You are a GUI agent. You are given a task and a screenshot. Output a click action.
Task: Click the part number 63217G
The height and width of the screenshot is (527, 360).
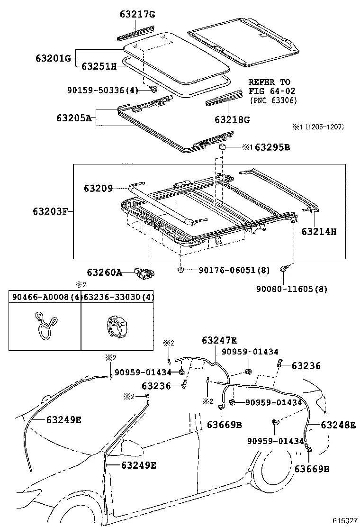point(137,15)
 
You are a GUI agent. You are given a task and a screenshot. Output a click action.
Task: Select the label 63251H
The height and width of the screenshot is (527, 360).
point(99,66)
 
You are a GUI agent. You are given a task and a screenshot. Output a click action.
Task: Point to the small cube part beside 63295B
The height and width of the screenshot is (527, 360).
point(222,147)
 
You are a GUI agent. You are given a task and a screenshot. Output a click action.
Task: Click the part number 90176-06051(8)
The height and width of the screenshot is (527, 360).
point(234,270)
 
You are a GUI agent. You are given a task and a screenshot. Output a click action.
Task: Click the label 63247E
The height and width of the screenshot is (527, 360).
point(219,340)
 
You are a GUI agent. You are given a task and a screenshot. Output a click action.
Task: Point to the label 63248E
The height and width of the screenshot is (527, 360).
point(338,425)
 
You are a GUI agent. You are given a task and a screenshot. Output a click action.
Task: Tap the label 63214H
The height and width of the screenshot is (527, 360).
point(319,232)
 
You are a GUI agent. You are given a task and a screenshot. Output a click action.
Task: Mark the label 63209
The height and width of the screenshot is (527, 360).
point(99,189)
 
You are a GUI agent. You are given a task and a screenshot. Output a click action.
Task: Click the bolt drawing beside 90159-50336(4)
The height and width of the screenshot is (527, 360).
point(153,89)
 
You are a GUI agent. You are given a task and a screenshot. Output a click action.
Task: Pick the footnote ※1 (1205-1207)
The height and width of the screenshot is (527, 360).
point(317,127)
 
